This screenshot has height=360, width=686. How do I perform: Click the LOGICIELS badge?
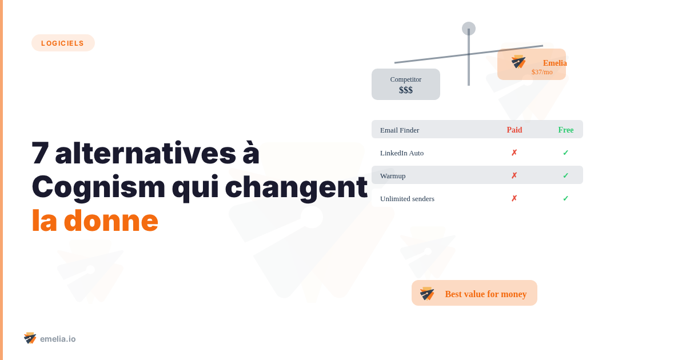63,43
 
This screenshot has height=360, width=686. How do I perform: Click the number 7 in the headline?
40,153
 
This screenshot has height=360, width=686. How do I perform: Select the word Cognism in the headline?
98,187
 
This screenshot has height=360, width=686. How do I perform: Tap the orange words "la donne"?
94,221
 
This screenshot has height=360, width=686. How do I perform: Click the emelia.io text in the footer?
58,339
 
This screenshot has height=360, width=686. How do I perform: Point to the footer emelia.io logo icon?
30,338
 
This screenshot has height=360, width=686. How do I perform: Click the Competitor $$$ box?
406,85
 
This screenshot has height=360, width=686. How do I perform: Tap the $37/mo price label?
542,72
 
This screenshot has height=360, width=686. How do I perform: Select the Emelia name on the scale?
555,63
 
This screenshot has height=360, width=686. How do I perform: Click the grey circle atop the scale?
469,29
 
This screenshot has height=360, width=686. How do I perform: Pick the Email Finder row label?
400,130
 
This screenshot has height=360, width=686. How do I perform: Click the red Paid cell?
514,130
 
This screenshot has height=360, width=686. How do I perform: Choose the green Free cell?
566,130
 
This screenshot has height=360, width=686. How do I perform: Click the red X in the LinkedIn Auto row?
514,153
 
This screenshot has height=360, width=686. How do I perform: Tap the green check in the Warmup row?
566,175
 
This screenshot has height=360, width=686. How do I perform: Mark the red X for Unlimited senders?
514,198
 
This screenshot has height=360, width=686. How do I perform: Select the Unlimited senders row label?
407,198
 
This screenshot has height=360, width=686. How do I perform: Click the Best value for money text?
486,294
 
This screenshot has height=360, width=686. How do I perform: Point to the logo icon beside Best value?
427,294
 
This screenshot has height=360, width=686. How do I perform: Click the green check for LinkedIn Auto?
566,153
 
